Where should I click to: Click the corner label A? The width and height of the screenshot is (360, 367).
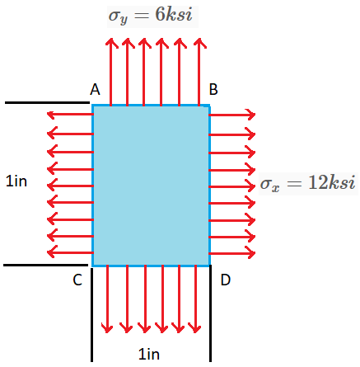pyautogui.click(x=95, y=90)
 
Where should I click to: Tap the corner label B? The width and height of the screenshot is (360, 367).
pyautogui.click(x=213, y=90)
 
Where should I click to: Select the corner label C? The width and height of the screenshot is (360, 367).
pyautogui.click(x=77, y=280)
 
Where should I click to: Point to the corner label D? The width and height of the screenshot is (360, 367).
pyautogui.click(x=225, y=280)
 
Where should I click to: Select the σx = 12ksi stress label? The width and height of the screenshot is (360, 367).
pyautogui.click(x=307, y=183)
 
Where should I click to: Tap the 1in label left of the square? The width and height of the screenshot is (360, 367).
pyautogui.click(x=17, y=181)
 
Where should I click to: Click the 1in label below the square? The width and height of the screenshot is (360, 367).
pyautogui.click(x=149, y=355)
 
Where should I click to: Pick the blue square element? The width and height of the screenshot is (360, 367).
pyautogui.click(x=151, y=185)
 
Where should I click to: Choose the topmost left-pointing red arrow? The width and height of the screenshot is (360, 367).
pyautogui.click(x=70, y=115)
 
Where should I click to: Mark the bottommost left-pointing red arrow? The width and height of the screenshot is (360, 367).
pyautogui.click(x=70, y=252)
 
